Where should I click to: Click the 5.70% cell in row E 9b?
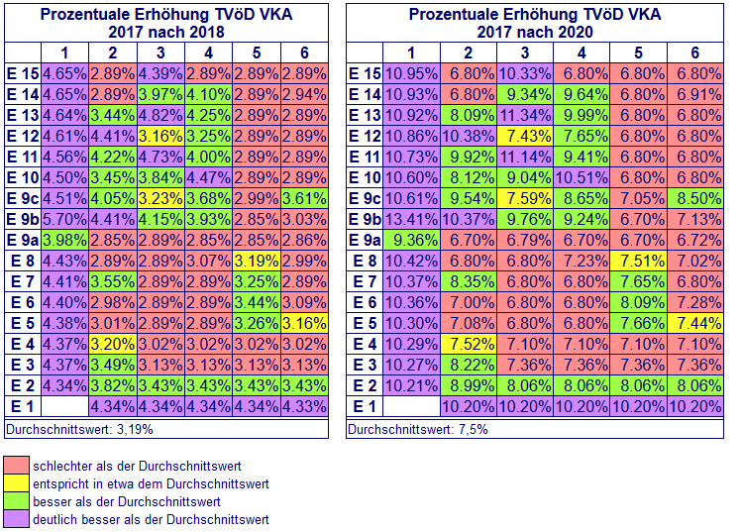pos(65,218)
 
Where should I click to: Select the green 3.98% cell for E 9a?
pos(65,240)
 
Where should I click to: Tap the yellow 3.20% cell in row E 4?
pos(113,345)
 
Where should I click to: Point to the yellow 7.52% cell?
pos(469,345)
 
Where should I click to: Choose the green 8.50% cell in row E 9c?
pos(694,197)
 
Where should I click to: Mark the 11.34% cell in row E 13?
pos(525,114)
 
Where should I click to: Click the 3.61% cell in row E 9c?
pos(304,197)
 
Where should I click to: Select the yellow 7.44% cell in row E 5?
pos(694,324)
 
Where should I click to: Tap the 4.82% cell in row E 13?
pos(161,114)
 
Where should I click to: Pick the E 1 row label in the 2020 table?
pos(365,407)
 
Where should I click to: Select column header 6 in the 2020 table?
pos(694,53)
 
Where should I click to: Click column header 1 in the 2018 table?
pos(65,53)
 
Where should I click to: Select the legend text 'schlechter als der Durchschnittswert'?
pos(137,465)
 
